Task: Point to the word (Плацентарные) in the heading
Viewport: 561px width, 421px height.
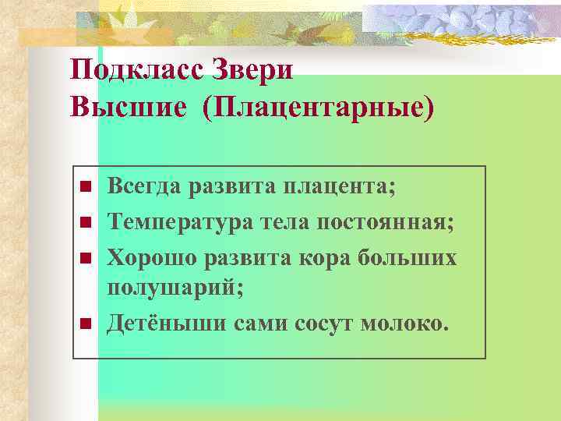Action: tap(317, 107)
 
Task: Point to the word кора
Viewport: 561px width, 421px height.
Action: tap(323, 256)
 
